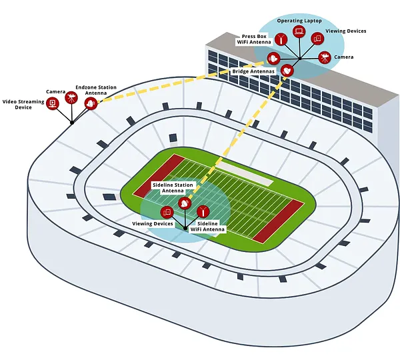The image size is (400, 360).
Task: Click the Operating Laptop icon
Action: (299, 31)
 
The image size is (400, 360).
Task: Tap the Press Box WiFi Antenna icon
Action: (281, 39)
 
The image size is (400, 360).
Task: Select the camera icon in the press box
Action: (325, 57)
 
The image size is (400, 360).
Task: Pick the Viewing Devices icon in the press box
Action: (317, 39)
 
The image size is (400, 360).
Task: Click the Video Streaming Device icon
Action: (53, 103)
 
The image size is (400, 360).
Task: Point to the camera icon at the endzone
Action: (71, 97)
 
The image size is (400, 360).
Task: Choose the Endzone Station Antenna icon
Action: (91, 103)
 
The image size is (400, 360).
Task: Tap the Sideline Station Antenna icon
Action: (185, 203)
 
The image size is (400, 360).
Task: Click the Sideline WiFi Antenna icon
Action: (203, 211)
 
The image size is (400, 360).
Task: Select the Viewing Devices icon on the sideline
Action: (167, 212)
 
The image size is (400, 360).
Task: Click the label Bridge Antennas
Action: (253, 71)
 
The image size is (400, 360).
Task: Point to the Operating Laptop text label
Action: (299, 21)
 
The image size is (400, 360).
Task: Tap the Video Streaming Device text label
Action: (23, 105)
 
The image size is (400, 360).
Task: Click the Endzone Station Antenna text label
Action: (96, 90)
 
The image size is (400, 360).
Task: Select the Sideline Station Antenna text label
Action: (173, 188)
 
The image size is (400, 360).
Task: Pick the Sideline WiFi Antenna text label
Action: (207, 227)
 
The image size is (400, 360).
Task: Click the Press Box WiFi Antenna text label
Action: (254, 39)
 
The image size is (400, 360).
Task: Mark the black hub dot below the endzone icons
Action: (72, 123)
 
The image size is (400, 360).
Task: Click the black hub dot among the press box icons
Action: (300, 59)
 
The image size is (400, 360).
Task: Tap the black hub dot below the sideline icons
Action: (185, 228)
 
